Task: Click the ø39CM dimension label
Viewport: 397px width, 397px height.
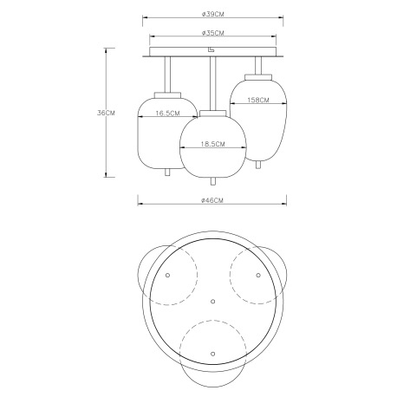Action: tap(212, 14)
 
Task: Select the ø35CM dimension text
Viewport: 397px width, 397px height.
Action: tap(212, 33)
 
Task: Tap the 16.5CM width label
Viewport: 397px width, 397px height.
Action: tap(162, 114)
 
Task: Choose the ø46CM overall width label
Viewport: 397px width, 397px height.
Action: tap(212, 201)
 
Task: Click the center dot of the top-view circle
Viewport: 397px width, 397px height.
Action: tap(212, 301)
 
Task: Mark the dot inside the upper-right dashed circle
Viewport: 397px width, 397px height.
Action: tap(257, 274)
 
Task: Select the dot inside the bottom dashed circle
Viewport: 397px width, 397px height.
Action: tap(212, 354)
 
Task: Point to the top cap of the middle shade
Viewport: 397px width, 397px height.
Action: tap(212, 114)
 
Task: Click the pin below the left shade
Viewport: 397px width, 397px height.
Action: tap(166, 173)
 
